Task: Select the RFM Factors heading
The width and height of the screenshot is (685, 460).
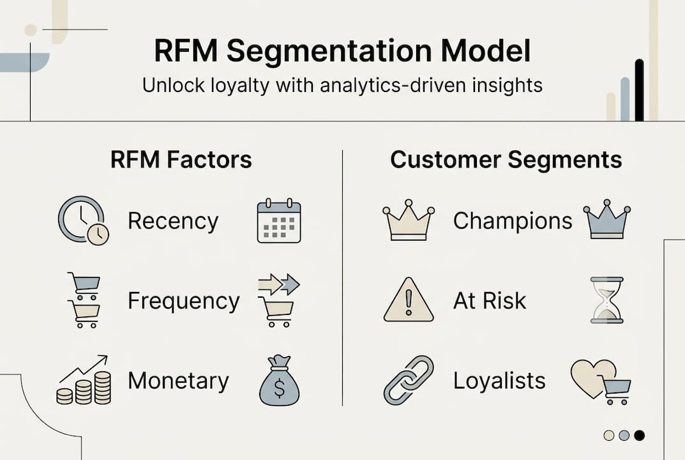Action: [181, 159]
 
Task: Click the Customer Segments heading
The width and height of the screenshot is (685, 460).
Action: [506, 159]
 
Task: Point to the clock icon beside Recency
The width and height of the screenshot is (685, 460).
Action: [83, 220]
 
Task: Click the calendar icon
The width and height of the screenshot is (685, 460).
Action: [279, 221]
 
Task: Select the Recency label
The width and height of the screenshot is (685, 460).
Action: [173, 221]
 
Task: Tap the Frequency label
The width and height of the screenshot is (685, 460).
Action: [183, 301]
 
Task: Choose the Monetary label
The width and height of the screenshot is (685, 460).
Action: [178, 381]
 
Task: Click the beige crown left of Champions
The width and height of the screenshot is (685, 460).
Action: [408, 222]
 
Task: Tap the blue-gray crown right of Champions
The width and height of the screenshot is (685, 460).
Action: [606, 221]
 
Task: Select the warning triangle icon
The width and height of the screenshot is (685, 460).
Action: [409, 300]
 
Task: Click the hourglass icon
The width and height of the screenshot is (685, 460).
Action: [606, 300]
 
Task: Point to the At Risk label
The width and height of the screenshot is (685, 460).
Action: [490, 301]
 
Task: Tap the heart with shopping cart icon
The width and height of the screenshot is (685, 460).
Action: [601, 381]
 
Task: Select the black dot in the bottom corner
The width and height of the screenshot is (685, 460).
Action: [639, 435]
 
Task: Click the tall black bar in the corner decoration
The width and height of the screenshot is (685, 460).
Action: [639, 90]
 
